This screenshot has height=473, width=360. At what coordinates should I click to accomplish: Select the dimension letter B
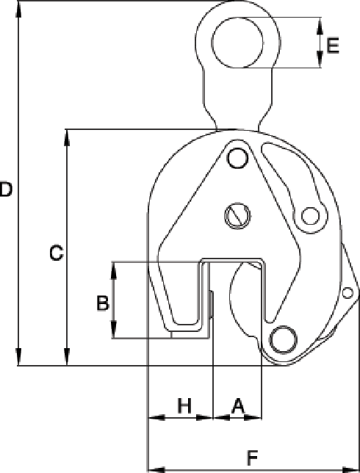click(x=103, y=301)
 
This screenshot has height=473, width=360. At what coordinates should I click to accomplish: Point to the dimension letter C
click(x=56, y=253)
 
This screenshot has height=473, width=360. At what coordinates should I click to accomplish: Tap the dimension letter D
click(x=6, y=189)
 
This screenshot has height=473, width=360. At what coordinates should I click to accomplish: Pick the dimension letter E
click(x=333, y=46)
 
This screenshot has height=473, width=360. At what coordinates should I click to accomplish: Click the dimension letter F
click(x=252, y=458)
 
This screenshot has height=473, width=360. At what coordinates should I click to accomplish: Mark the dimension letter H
click(x=184, y=405)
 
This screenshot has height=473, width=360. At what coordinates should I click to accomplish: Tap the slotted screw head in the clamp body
click(x=237, y=214)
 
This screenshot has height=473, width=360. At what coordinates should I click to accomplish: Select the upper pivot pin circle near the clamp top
click(x=237, y=158)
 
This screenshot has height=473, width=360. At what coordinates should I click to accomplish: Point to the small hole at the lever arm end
click(x=312, y=215)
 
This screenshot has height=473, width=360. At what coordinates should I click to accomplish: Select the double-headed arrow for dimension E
click(x=320, y=42)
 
